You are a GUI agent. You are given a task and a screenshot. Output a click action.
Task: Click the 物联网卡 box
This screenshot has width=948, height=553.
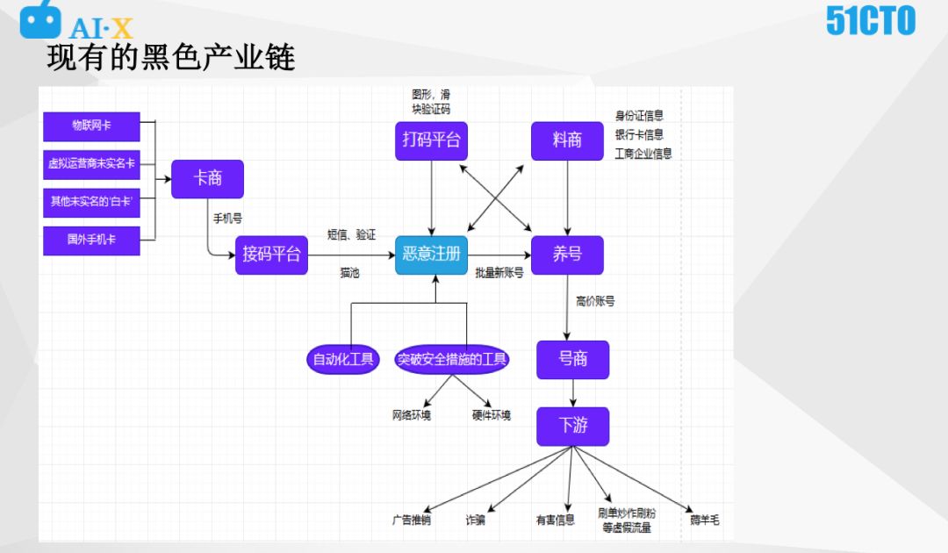[91, 126]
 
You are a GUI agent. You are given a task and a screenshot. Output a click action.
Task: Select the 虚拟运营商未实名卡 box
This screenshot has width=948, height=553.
[91, 164]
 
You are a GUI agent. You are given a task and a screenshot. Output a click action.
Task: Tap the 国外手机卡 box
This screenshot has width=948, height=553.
[91, 240]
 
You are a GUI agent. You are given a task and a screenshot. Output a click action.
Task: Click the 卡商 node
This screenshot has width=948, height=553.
[207, 178]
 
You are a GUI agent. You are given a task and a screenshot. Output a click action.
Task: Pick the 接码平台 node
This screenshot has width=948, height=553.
[271, 255]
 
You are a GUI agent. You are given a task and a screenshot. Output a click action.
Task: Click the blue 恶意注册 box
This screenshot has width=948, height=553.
[431, 255]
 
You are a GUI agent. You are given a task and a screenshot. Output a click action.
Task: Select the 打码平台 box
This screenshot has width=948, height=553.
[431, 140]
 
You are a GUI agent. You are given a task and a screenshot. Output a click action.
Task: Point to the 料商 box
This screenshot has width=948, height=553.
[567, 140]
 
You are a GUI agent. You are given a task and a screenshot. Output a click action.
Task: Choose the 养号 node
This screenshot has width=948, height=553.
[567, 255]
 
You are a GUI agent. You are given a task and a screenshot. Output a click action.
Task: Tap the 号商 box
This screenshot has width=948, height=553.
[572, 359]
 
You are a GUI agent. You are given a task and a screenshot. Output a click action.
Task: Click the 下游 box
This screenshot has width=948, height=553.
[572, 427]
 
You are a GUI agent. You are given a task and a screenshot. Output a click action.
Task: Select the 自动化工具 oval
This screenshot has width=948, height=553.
[343, 358]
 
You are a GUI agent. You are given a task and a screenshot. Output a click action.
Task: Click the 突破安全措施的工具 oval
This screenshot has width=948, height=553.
[452, 358]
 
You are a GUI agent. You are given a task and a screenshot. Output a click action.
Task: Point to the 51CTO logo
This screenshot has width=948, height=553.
[870, 21]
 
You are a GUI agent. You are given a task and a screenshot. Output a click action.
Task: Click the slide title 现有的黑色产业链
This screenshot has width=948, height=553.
[171, 57]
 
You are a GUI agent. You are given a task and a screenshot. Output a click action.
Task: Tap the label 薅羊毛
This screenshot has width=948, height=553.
[704, 520]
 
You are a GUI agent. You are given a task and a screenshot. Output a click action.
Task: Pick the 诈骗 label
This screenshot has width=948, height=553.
[475, 520]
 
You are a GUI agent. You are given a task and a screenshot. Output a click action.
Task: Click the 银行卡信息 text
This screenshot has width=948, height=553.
[639, 134]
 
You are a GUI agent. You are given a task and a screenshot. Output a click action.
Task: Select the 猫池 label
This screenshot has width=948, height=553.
[349, 274]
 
